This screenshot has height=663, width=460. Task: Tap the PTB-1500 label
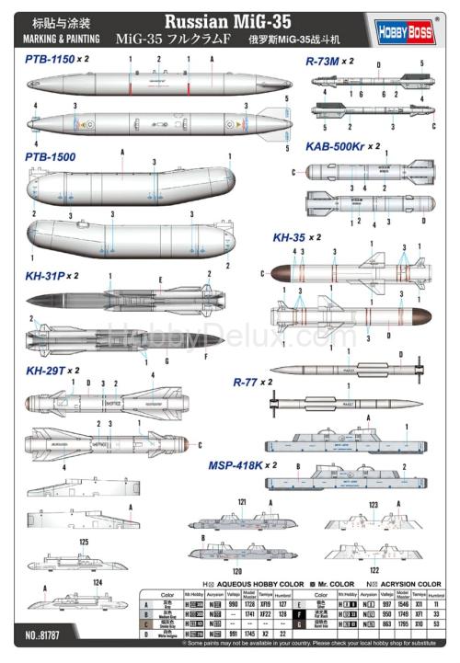(x=50, y=157)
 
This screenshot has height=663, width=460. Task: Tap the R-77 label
(x=250, y=381)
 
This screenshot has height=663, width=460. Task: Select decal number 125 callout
(x=84, y=543)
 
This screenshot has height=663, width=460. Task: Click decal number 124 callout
(x=96, y=583)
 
